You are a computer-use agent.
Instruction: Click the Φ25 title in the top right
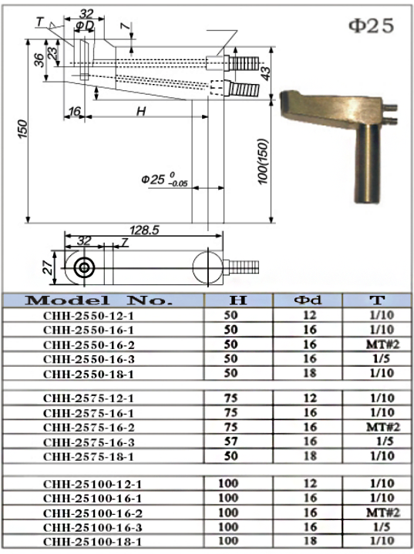[371, 26]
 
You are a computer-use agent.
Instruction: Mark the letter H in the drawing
[141, 111]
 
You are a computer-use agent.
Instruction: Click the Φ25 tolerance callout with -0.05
[164, 180]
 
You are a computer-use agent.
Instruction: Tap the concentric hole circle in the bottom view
[84, 267]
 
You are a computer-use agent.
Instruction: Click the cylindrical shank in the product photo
[365, 165]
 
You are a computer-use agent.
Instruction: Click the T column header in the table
[378, 301]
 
